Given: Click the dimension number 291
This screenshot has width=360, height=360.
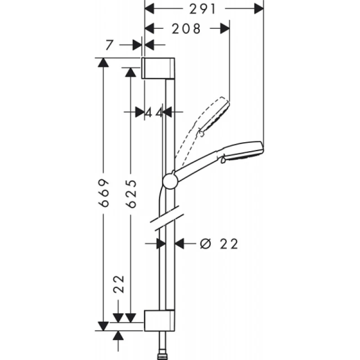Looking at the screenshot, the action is (x=203, y=9).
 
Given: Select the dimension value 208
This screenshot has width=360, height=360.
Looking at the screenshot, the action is (x=186, y=29).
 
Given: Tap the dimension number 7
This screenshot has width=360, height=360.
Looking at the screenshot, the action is (x=110, y=45).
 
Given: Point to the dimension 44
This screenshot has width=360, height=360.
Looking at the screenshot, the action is (x=154, y=113).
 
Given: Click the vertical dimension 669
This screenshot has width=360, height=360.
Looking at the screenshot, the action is (x=103, y=193).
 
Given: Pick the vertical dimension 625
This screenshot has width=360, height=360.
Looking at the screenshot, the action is (x=131, y=194).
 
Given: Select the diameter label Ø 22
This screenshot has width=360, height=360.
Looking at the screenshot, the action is (x=219, y=244).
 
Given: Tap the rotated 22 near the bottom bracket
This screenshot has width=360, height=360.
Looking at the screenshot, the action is (x=119, y=284).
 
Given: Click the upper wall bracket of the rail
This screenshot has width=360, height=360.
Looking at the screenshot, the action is (x=158, y=69).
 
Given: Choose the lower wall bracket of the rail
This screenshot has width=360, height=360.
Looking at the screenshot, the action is (x=159, y=320).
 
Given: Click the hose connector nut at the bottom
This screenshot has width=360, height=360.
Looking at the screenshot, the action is (x=162, y=357).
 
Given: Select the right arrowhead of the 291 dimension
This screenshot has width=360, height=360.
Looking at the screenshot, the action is (x=259, y=9).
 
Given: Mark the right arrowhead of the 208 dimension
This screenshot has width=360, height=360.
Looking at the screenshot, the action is (x=225, y=28).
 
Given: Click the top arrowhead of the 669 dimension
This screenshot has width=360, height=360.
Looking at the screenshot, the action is (x=103, y=62).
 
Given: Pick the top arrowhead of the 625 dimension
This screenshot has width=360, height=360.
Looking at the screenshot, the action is (x=131, y=72).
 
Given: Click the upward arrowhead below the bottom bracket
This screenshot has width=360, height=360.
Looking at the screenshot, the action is (x=118, y=335).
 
